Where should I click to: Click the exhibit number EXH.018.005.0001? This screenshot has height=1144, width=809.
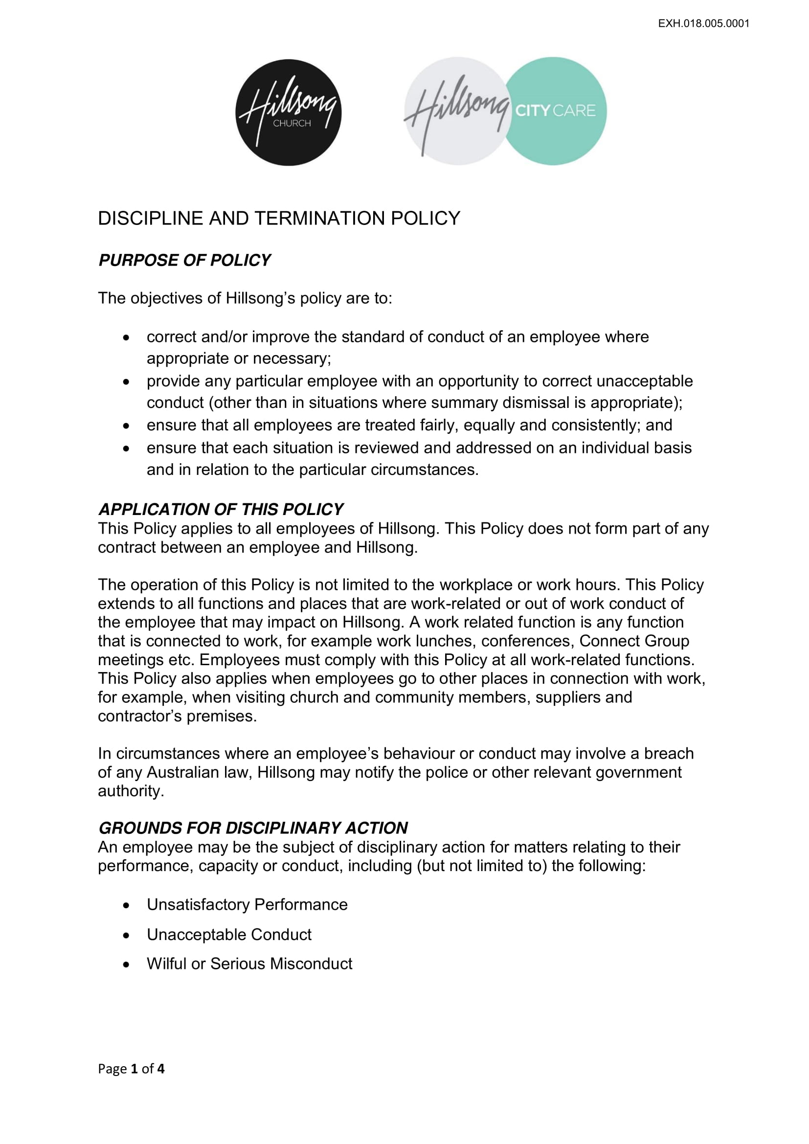click(703, 23)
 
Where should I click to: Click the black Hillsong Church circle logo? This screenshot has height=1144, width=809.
click(289, 112)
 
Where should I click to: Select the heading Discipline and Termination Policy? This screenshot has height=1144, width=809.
click(279, 218)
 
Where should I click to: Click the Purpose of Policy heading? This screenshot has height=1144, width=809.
click(184, 260)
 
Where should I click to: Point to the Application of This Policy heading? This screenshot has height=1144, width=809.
click(221, 509)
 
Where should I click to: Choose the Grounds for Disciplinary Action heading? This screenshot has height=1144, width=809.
click(253, 828)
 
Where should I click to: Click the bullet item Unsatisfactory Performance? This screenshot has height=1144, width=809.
click(247, 904)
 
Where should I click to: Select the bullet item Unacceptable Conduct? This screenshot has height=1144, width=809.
click(229, 934)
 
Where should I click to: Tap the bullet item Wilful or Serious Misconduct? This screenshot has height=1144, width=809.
click(249, 964)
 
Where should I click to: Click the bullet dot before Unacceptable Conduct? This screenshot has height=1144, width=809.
click(127, 935)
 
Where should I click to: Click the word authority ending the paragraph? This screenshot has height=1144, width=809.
click(131, 791)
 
